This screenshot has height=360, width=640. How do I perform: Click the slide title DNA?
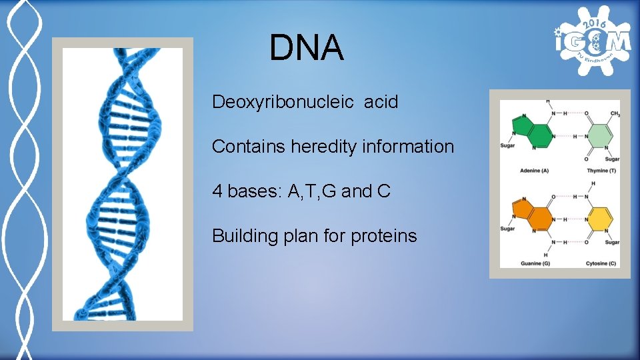pos(307,49)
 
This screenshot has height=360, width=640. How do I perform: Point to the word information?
pos(408,147)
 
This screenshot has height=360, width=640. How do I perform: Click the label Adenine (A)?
pos(534,171)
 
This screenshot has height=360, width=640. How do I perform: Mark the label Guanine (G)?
pos(534,263)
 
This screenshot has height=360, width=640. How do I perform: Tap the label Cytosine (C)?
pos(601,263)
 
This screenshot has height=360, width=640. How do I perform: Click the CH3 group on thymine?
pos(615,114)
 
